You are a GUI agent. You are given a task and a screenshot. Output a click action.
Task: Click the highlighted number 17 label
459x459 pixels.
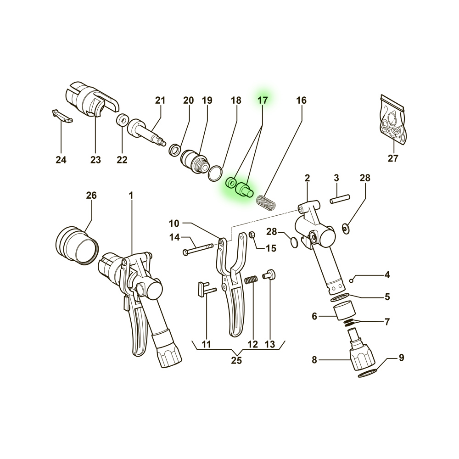[x=262, y=100]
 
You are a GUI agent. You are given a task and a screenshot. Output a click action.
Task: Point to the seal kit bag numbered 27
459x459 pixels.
[x=393, y=121]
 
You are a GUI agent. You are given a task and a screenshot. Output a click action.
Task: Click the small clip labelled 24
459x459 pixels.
[x=62, y=116]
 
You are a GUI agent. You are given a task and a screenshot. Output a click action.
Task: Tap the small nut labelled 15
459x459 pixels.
[x=252, y=235]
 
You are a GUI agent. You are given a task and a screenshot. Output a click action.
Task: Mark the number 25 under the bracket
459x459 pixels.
[x=236, y=360]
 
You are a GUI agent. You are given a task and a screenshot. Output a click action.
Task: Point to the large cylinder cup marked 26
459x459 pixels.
[x=77, y=244]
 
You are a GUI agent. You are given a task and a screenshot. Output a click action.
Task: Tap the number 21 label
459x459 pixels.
[x=159, y=100]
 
